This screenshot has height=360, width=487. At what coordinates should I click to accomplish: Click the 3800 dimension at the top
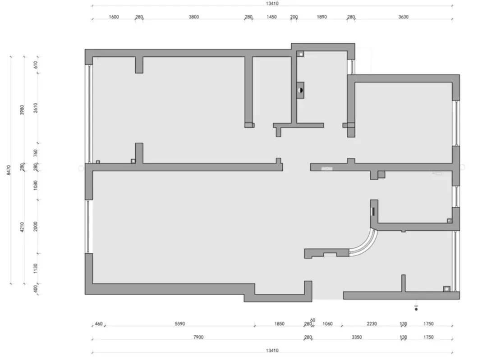[194, 17]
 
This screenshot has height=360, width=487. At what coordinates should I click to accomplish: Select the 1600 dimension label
[114, 17]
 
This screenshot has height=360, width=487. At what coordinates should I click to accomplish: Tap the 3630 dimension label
[403, 17]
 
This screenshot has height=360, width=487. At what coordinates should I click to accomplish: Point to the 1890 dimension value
[322, 17]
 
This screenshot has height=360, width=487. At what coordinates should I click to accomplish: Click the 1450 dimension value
[271, 17]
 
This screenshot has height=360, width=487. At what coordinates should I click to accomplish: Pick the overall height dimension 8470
[9, 170]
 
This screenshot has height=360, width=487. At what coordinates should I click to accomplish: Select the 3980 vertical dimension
[22, 110]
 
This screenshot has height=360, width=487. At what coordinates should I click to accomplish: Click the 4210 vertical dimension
[22, 227]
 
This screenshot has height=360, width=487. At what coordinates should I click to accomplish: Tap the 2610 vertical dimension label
[36, 108]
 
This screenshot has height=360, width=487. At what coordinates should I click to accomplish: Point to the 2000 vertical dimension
[36, 226]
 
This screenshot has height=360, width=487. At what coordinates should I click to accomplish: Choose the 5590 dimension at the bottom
[179, 324]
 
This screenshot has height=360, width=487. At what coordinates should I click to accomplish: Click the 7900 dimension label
[198, 337]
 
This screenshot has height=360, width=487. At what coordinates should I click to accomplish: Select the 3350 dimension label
[357, 337]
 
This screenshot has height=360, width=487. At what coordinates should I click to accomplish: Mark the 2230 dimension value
[372, 324]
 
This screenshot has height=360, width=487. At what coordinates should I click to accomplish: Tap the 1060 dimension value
[327, 324]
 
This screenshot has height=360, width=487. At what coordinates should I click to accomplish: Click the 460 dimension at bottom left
[98, 324]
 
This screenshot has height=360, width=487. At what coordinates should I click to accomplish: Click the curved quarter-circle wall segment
[370, 244]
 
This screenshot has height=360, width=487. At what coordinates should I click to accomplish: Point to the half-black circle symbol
[300, 90]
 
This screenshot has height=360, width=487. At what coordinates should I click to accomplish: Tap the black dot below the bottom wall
[416, 309]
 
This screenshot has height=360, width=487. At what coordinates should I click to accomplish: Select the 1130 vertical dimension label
[36, 268]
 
